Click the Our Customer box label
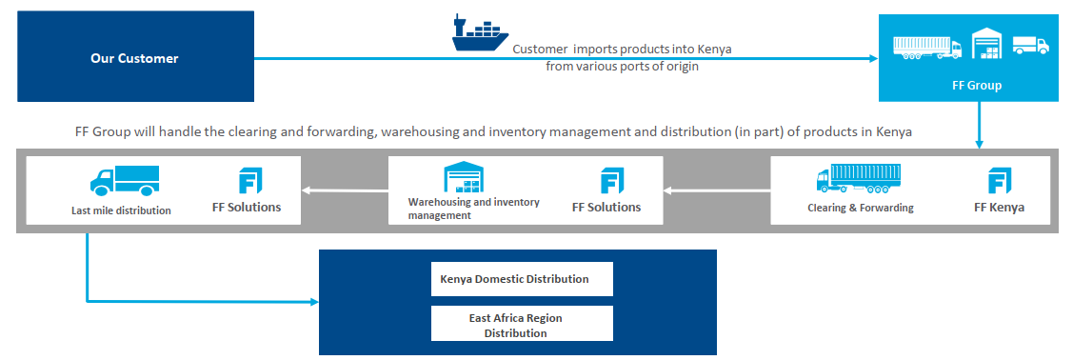tap(134, 59)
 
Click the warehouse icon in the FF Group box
tap(986, 43)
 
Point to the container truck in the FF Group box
tap(927, 47)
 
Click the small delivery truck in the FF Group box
tap(1030, 45)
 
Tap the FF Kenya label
tap(999, 208)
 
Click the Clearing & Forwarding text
tap(860, 208)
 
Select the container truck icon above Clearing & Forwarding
tap(858, 179)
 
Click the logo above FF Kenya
tap(1000, 180)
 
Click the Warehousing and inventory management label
tap(473, 209)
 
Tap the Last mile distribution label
tap(121, 210)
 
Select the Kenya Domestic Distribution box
tap(522, 279)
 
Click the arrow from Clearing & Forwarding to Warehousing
tap(717, 190)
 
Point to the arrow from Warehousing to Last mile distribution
tap(345, 190)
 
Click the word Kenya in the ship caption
tap(714, 50)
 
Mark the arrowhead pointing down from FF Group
tap(979, 144)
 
